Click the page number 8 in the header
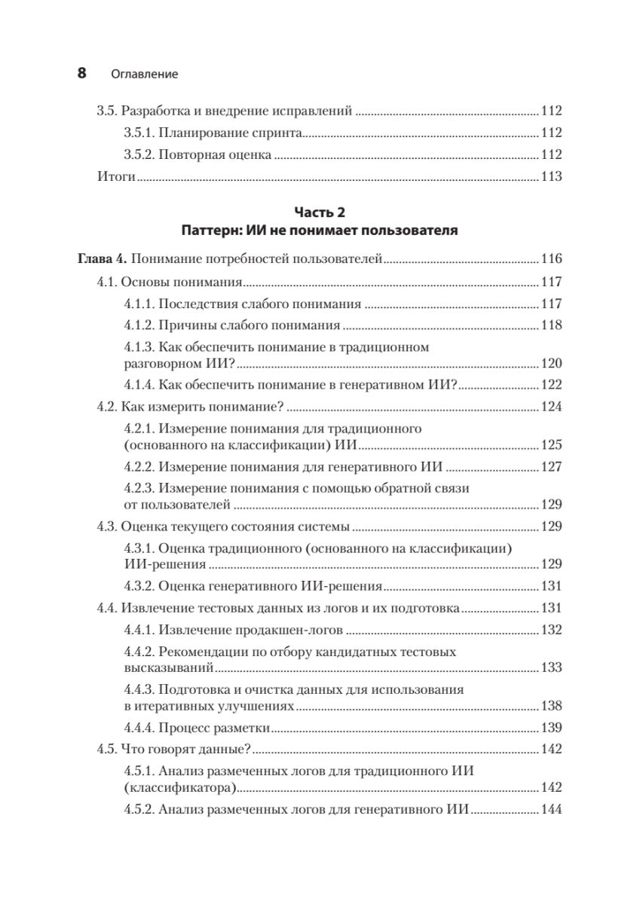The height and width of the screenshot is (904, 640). point(81,74)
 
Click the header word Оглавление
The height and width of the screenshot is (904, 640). point(144,75)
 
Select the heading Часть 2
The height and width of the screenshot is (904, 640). point(320,213)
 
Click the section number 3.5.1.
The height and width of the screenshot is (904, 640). point(139,133)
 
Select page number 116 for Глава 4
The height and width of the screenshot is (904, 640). point(552,260)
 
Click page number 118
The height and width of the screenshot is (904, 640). point(552,325)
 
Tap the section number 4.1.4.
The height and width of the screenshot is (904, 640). point(139,384)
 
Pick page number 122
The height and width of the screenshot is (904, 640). point(552,384)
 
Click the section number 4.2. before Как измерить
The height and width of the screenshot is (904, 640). point(111,408)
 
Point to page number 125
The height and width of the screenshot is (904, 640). point(552,444)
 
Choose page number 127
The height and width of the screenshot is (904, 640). point(552,466)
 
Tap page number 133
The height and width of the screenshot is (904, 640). point(552,667)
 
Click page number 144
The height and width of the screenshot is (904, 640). point(552,810)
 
